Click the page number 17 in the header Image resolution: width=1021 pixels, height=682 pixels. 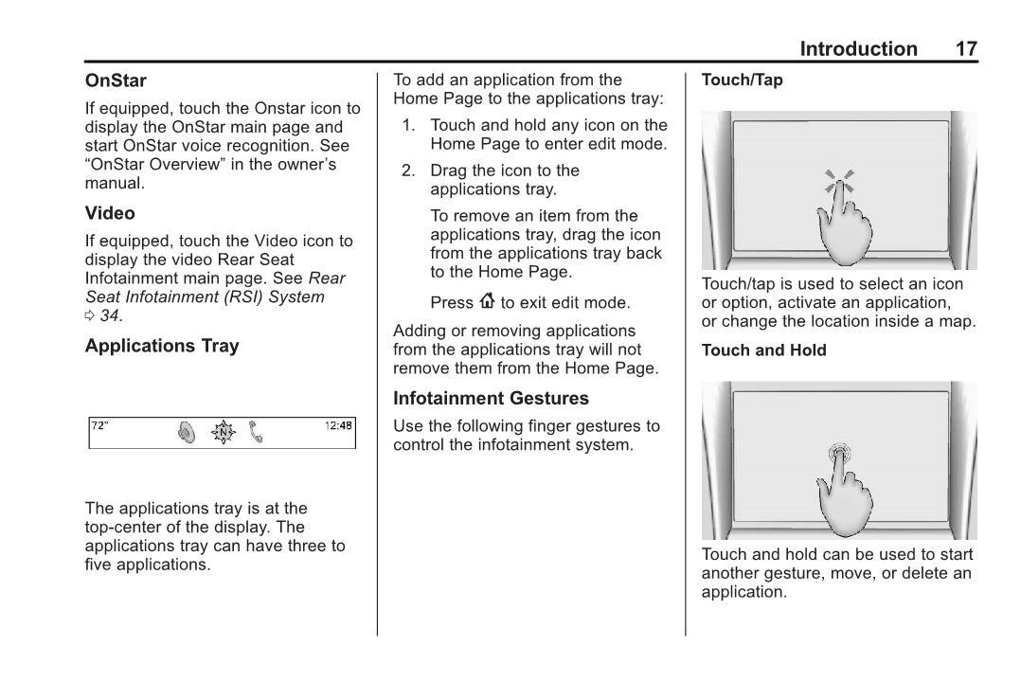pyautogui.click(x=965, y=49)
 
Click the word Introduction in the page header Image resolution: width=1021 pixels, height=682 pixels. pyautogui.click(x=858, y=49)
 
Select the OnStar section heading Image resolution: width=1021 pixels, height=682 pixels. pyautogui.click(x=116, y=81)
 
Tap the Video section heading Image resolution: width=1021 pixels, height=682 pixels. pyautogui.click(x=110, y=214)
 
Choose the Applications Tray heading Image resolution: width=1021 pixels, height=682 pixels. pyautogui.click(x=162, y=347)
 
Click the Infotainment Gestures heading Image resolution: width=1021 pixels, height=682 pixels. pyautogui.click(x=491, y=399)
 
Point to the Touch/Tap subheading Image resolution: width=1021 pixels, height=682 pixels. pyautogui.click(x=742, y=81)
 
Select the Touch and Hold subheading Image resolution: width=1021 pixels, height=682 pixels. pyautogui.click(x=763, y=350)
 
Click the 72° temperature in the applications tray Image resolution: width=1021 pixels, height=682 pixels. pyautogui.click(x=100, y=426)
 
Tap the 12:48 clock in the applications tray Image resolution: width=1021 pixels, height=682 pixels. pyautogui.click(x=338, y=426)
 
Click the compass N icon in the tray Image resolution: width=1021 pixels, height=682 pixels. pyautogui.click(x=223, y=433)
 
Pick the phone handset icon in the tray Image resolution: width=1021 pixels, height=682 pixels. pyautogui.click(x=255, y=433)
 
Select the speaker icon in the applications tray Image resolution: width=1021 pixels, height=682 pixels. pyautogui.click(x=187, y=433)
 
